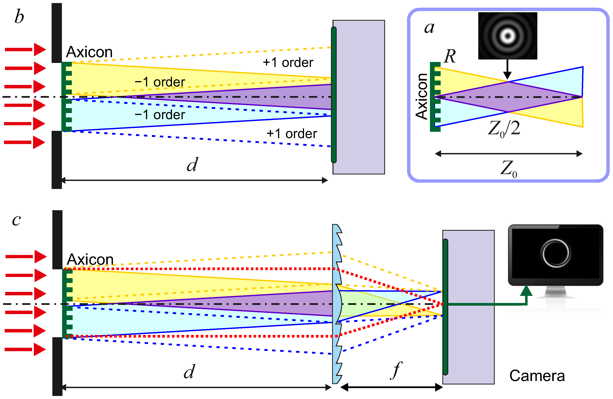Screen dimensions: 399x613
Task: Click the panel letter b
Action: click(19, 17)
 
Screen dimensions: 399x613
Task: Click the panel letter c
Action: click(16, 220)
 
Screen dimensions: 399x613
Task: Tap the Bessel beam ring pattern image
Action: click(507, 36)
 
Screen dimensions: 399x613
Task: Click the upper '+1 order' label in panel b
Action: click(288, 63)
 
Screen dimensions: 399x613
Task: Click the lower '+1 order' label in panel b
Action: click(292, 134)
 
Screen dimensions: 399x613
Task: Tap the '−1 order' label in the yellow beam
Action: click(160, 82)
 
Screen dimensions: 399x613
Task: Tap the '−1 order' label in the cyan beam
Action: click(160, 115)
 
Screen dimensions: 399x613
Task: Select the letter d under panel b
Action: click(192, 165)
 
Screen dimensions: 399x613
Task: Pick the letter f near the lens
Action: click(396, 370)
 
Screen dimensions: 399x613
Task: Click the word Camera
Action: click(537, 376)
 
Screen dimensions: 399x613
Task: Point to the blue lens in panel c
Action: click(337, 304)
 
